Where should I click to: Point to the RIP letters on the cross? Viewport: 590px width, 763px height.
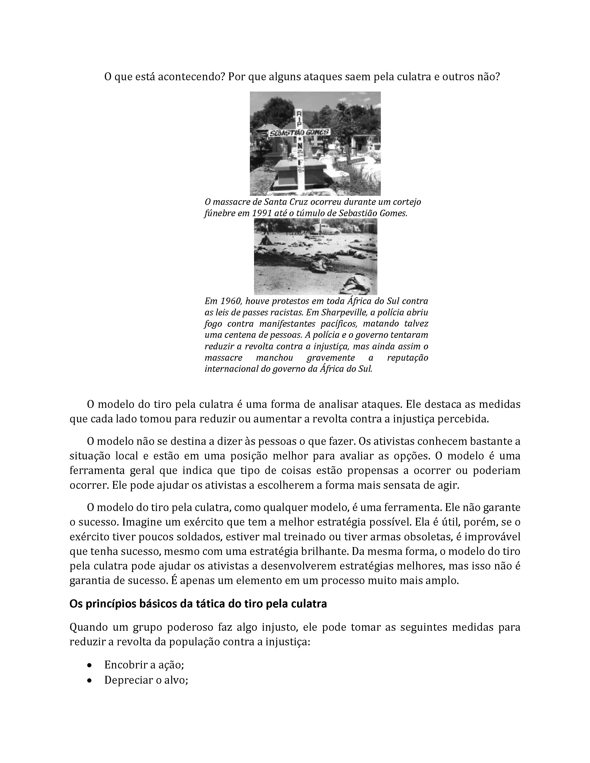(x=299, y=119)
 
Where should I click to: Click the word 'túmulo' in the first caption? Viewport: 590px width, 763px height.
(x=307, y=213)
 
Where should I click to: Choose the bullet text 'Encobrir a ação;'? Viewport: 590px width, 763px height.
(x=144, y=665)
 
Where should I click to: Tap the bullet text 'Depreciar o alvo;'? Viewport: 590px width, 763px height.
(x=146, y=680)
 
